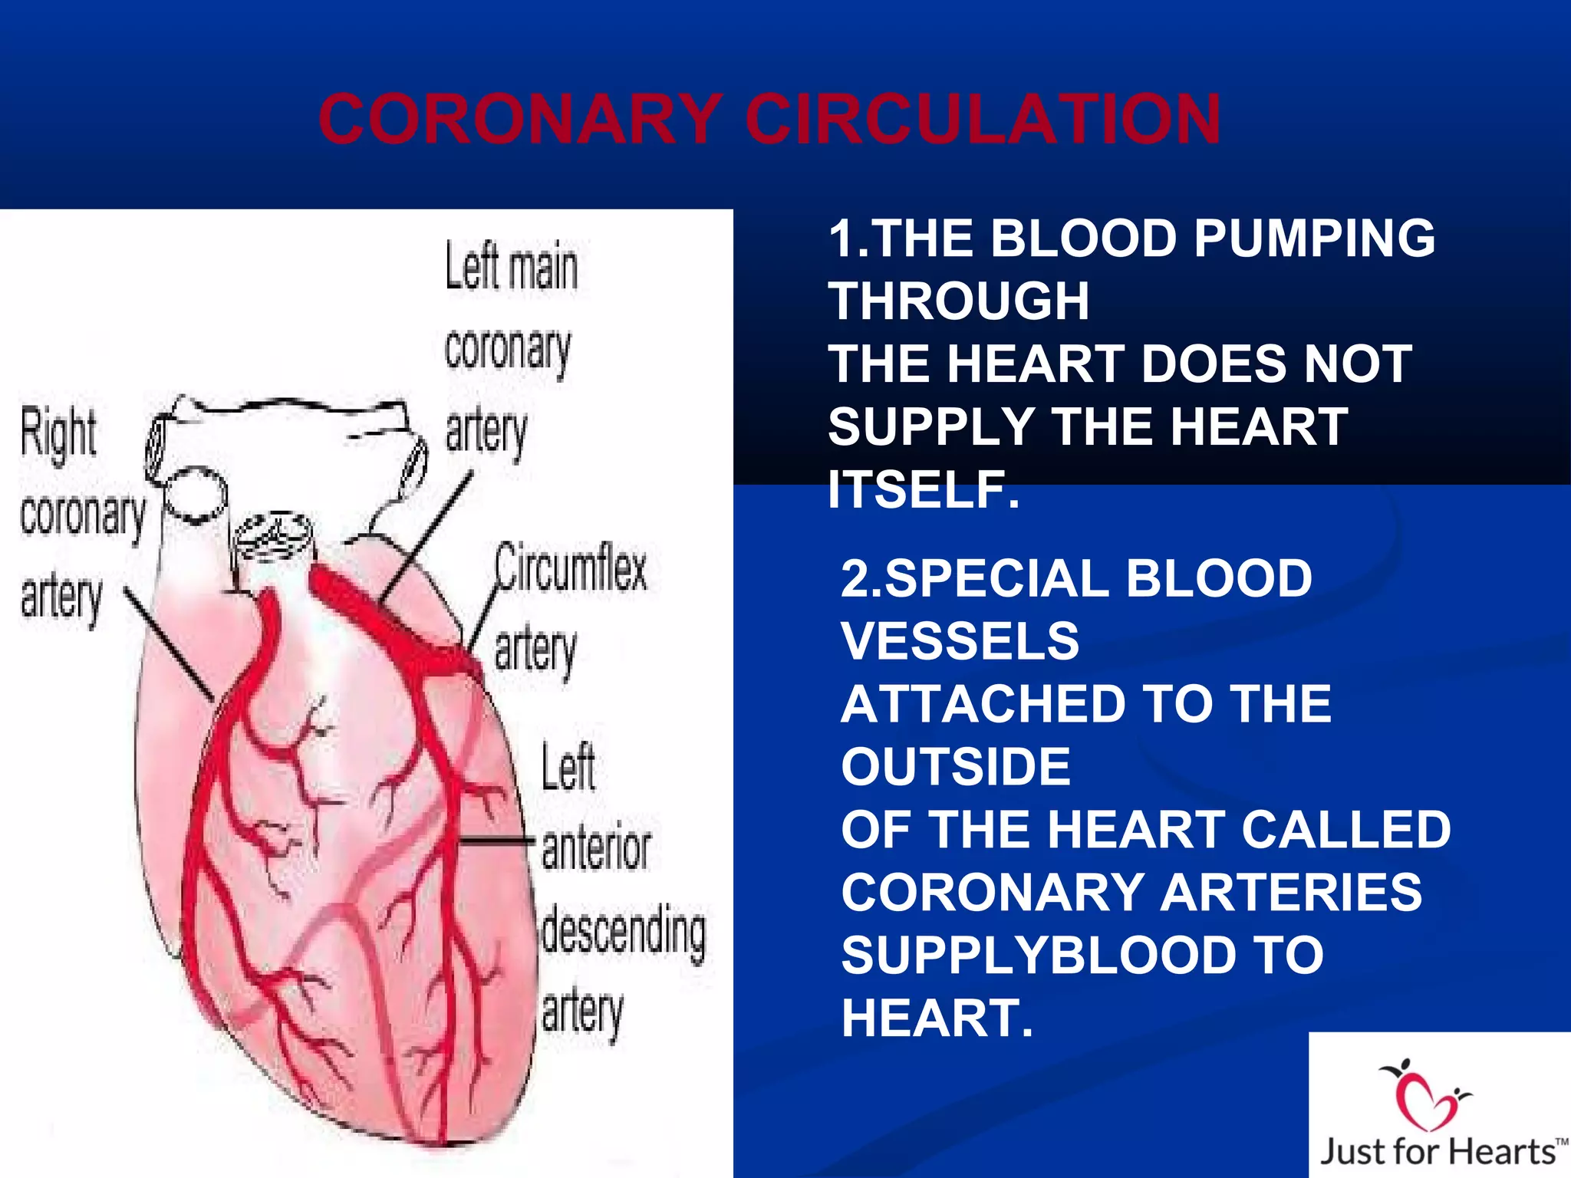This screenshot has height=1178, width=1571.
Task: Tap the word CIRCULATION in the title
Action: (x=983, y=119)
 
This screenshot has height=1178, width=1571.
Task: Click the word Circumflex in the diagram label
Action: (x=571, y=568)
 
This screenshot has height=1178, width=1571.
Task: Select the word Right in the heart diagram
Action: (x=58, y=433)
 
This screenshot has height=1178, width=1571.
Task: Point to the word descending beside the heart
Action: (x=623, y=932)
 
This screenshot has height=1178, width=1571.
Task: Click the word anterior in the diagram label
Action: (x=596, y=848)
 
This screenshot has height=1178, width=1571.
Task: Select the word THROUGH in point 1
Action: (x=959, y=301)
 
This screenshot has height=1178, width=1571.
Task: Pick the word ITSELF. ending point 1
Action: (x=924, y=489)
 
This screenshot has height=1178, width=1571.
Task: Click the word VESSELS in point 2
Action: (x=960, y=641)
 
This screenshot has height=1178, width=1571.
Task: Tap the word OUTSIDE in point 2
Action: (x=956, y=766)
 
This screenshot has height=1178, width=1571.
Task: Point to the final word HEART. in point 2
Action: (x=937, y=1018)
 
